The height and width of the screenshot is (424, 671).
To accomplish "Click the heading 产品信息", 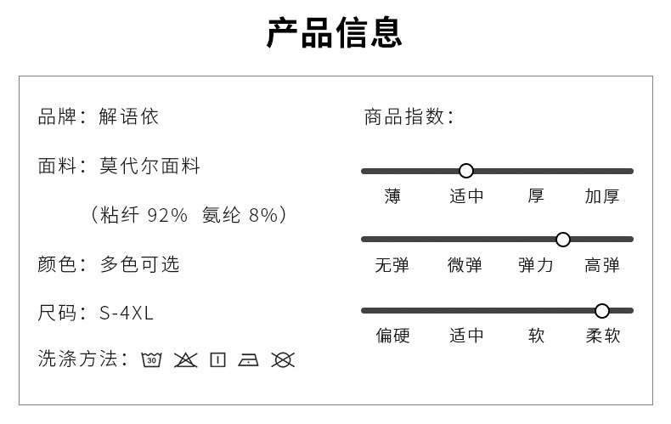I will click(334, 32).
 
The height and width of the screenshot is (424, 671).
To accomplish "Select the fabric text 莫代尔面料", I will click(149, 166).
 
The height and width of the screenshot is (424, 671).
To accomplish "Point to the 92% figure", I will click(166, 215).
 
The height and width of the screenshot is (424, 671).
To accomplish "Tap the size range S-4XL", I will click(127, 314).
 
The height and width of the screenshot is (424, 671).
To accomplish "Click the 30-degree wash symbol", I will click(152, 359).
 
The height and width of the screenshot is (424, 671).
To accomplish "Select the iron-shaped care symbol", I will click(249, 359).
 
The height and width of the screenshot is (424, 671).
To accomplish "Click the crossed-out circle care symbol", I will click(283, 359).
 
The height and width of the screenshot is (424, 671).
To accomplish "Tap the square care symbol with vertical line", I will click(217, 359).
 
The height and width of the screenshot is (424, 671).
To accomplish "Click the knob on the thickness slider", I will click(465, 171).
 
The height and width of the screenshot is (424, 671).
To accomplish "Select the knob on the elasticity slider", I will click(562, 240).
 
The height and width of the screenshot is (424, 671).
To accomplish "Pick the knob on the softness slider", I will click(602, 310).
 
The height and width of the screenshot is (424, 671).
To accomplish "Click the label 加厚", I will click(601, 196).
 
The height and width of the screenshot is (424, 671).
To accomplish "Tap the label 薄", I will click(392, 196).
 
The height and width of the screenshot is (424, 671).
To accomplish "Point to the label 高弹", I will click(601, 265).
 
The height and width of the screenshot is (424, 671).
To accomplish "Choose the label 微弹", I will click(465, 265).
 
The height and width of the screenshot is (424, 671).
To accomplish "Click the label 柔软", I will click(602, 336).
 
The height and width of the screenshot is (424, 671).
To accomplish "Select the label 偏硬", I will click(392, 336).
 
